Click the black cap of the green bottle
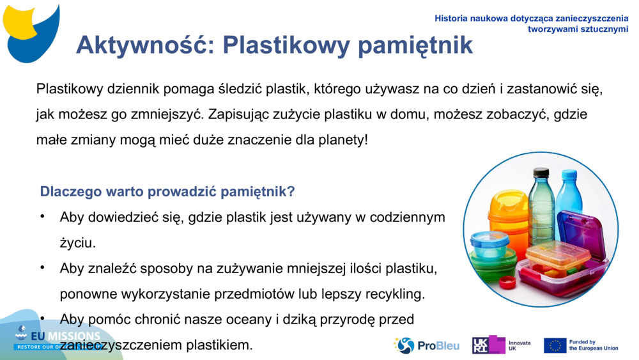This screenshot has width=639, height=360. coord(541,172)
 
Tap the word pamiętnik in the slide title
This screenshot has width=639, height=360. coord(415,45)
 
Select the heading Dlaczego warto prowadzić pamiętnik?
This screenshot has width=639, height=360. coord(167,191)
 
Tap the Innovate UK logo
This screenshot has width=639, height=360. coord(502,345)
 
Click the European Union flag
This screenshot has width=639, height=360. coord(555,345)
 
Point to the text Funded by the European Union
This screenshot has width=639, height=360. coord(594,345)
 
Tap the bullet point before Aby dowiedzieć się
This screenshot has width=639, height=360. coord(43,217)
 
